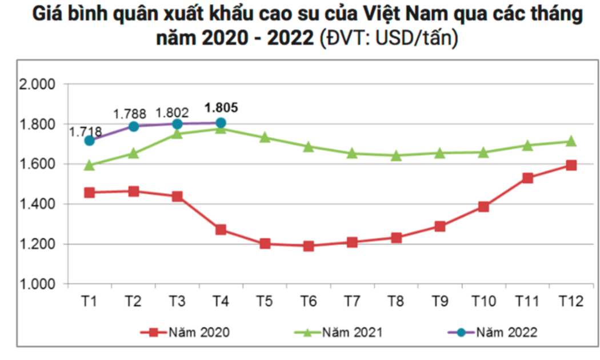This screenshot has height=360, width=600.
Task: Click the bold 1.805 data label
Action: (221, 107)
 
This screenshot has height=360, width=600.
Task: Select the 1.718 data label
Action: (86, 132)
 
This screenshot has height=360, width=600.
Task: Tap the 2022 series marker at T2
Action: (133, 126)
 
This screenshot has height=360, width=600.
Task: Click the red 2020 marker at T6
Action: (309, 246)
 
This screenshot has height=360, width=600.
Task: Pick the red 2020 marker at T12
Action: (571, 165)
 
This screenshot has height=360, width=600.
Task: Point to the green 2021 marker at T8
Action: (397, 155)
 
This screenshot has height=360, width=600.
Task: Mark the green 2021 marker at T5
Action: (265, 137)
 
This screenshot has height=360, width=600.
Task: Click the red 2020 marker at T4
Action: (221, 230)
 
